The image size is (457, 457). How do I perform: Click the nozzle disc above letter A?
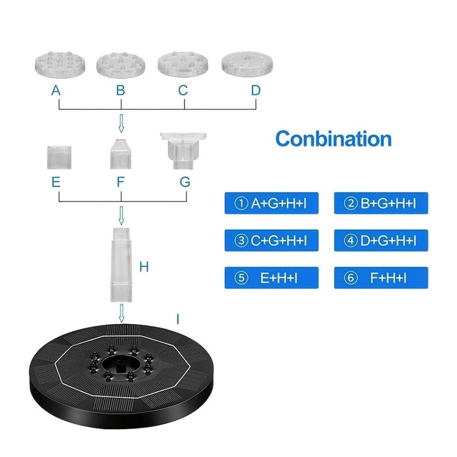pyautogui.click(x=60, y=64)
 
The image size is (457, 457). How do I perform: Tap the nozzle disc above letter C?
pyautogui.click(x=183, y=64)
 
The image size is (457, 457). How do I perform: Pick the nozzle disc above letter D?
pyautogui.click(x=247, y=64)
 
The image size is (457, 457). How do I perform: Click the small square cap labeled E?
pyautogui.click(x=59, y=157)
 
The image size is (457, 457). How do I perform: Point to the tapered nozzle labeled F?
pyautogui.click(x=121, y=154)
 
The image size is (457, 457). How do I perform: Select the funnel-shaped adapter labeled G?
pyautogui.click(x=183, y=151)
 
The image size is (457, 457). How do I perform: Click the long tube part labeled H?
pyautogui.click(x=121, y=265)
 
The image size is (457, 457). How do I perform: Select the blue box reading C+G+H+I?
pyautogui.click(x=271, y=240)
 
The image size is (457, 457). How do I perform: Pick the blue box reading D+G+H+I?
pyautogui.click(x=381, y=240)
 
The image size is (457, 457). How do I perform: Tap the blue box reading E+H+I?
pyautogui.click(x=271, y=278)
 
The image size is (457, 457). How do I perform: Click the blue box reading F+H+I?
pyautogui.click(x=381, y=278)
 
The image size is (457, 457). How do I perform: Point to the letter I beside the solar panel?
pyautogui.click(x=178, y=319)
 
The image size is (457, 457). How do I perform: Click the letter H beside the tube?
pyautogui.click(x=144, y=267)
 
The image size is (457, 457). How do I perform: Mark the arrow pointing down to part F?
pyautogui.click(x=121, y=123)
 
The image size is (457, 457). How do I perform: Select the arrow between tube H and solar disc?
pyautogui.click(x=121, y=313)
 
